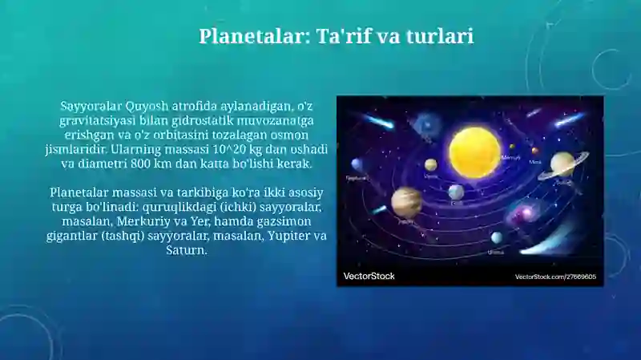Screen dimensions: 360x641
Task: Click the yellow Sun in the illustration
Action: click(474, 151)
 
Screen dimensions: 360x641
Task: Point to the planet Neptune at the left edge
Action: click(357, 165)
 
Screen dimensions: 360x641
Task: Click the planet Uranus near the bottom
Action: click(497, 238)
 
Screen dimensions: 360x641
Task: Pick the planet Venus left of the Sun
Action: click(431, 164)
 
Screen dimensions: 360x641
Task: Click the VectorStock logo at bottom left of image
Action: click(369, 276)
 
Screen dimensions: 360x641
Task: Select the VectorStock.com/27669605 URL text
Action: click(554, 277)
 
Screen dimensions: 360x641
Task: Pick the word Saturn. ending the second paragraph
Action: click(187, 250)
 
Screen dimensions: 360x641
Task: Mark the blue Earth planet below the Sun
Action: click(456, 192)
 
